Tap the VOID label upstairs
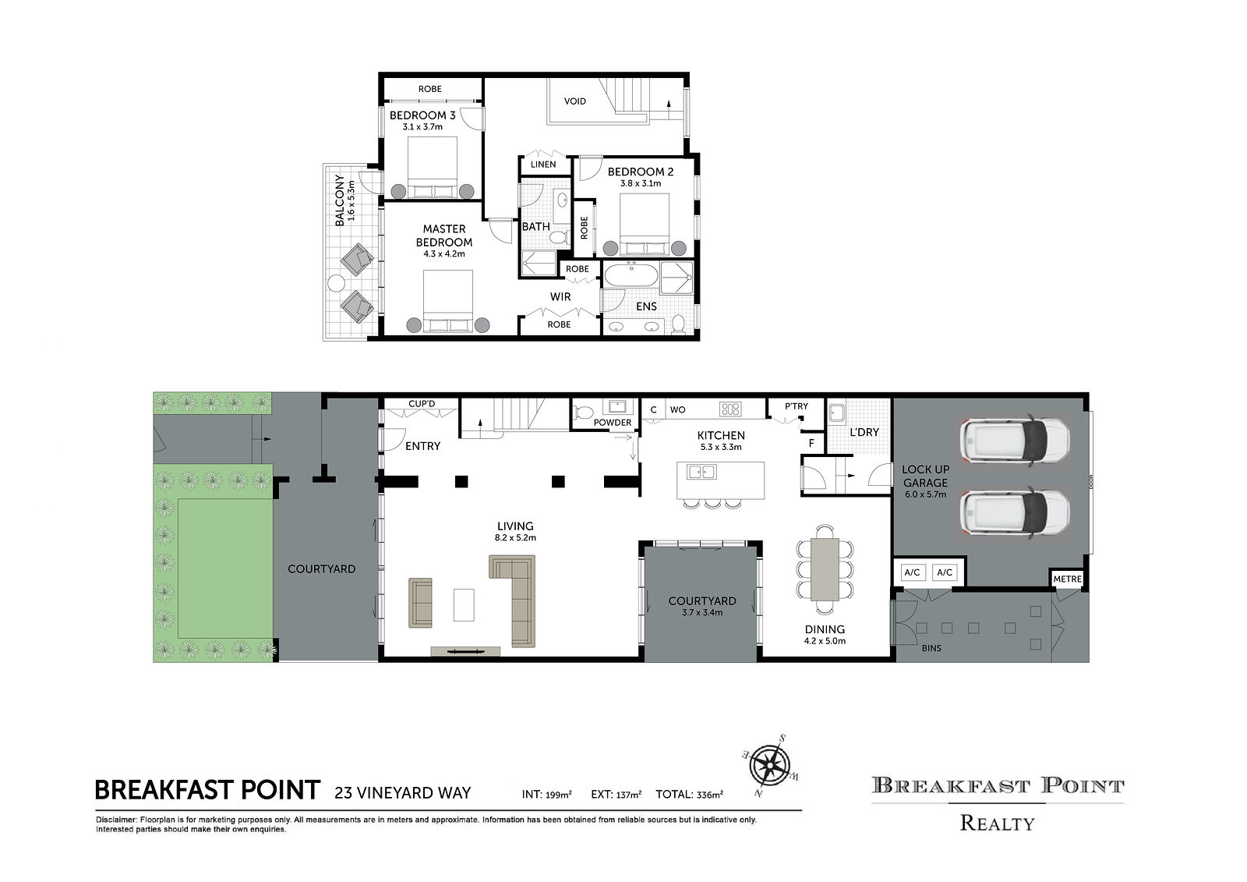[x=574, y=101]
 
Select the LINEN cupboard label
[x=542, y=165]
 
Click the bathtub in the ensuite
[x=631, y=275]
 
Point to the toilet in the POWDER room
[x=584, y=413]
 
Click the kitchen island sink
[x=701, y=472]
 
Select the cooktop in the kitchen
[x=730, y=409]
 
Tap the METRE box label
[x=1067, y=579]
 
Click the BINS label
[x=931, y=649]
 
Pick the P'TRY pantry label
[x=796, y=406]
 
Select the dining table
[x=825, y=569]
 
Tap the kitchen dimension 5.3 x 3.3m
[x=720, y=447]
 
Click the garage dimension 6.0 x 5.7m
[x=925, y=494]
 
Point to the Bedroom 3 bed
[x=433, y=168]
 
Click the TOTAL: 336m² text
[x=689, y=794]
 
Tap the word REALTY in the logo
[x=997, y=823]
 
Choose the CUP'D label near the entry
[x=422, y=403]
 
